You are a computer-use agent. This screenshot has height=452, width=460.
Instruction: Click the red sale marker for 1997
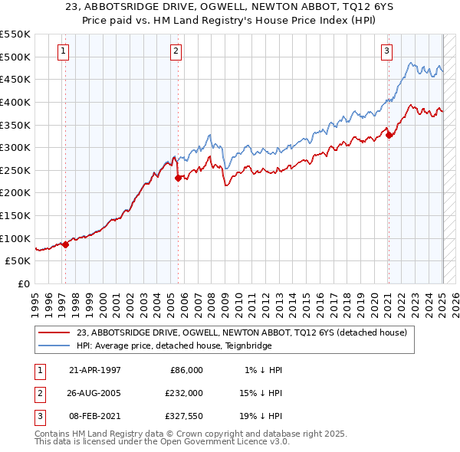66,244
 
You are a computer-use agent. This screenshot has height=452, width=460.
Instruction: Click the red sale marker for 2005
179,178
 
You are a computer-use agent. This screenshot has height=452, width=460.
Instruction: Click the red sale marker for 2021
389,135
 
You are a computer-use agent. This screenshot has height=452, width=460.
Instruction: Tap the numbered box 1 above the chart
62,51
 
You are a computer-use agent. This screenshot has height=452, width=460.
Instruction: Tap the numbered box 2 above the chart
176,51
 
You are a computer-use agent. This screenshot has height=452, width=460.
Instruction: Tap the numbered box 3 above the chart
386,51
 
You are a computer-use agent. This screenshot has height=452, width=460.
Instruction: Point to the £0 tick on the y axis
25,283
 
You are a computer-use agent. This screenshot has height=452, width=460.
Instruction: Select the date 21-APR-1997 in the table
95,370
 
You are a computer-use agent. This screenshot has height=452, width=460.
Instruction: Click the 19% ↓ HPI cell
260,416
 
